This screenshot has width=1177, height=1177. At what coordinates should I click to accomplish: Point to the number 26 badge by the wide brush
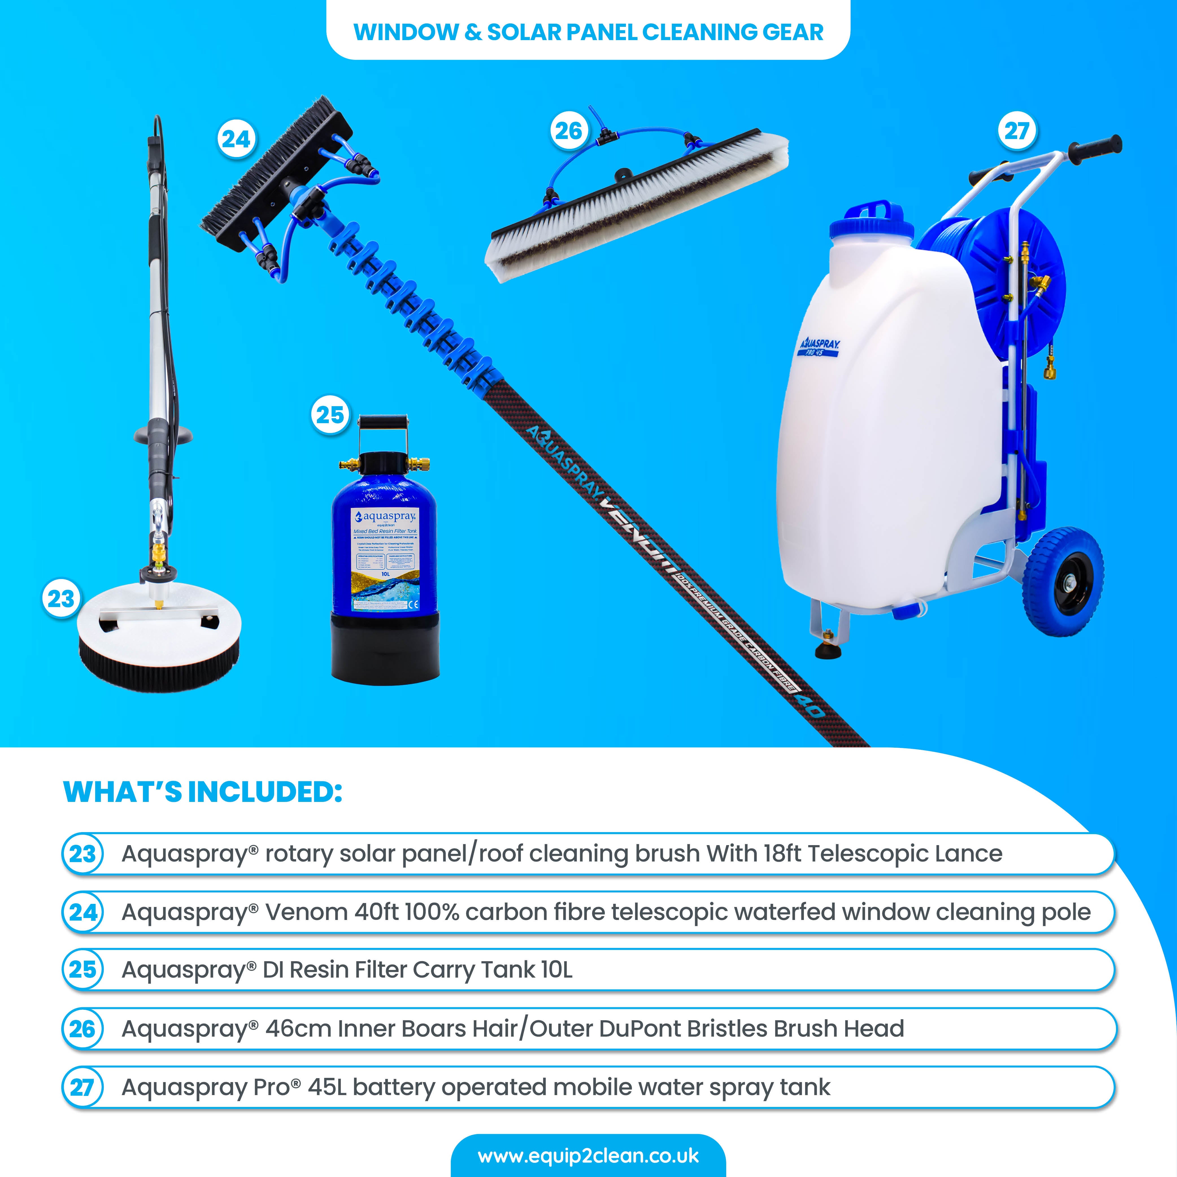point(568,130)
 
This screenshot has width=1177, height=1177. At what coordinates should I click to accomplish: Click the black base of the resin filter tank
point(385,649)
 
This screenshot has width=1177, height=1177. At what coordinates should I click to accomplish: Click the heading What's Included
point(203,792)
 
